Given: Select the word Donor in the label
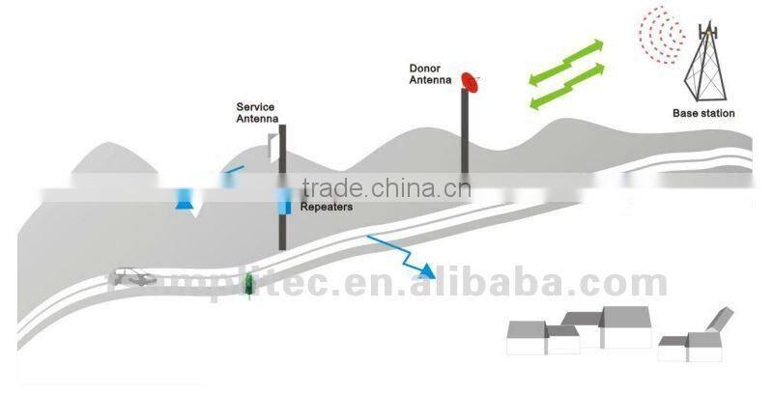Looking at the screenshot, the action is [424, 70].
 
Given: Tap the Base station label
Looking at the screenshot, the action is [703, 113].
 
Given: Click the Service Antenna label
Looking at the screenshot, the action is [257, 113].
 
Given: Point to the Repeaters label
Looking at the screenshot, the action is [326, 207].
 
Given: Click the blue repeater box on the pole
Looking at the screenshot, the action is [284, 203].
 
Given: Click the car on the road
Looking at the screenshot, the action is [133, 278].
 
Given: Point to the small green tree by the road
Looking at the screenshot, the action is [249, 282].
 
